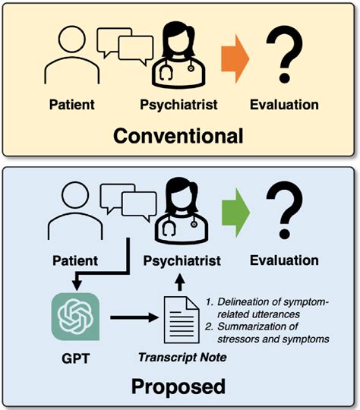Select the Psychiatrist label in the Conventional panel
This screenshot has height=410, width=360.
pos(179,103)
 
